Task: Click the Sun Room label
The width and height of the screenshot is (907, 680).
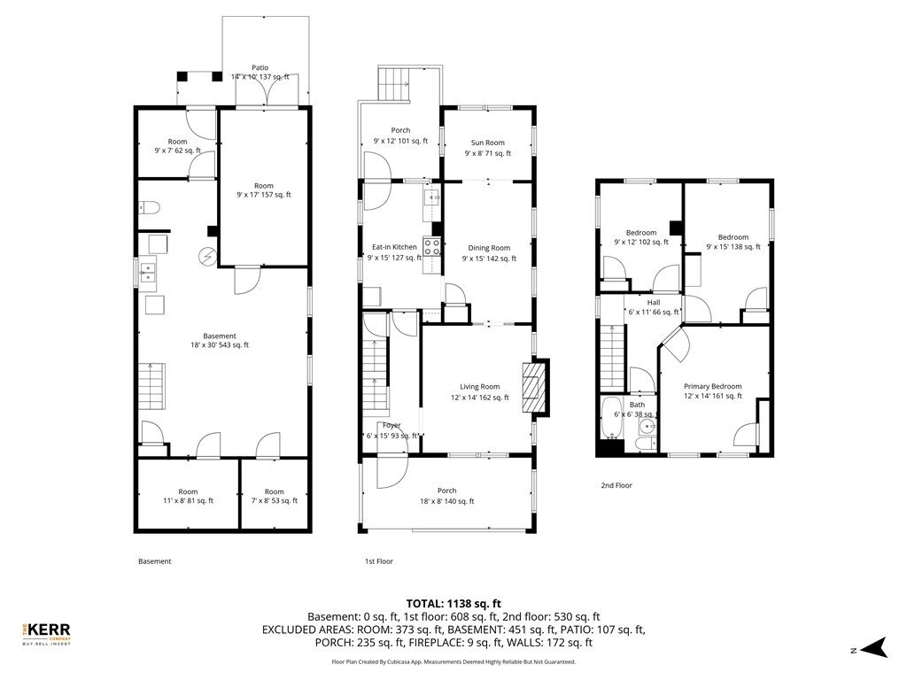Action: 487,143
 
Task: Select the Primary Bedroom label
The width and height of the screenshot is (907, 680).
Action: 712,386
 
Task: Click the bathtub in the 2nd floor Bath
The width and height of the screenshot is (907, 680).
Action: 612,418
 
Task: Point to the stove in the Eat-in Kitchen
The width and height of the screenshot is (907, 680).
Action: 433,247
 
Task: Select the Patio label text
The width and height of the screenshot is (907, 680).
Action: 260,67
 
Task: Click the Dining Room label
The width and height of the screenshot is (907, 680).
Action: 488,248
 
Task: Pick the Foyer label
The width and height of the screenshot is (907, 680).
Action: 391,426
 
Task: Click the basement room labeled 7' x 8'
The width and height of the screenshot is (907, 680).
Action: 274,496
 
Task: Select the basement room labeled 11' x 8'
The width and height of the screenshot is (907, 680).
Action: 188,496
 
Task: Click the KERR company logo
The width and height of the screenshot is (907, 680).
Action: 45,632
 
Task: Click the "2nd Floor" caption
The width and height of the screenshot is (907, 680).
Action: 616,485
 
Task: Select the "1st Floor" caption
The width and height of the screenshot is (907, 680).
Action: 378,561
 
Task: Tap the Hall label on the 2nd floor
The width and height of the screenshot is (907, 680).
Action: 654,302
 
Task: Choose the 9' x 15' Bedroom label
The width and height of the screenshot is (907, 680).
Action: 733,237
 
